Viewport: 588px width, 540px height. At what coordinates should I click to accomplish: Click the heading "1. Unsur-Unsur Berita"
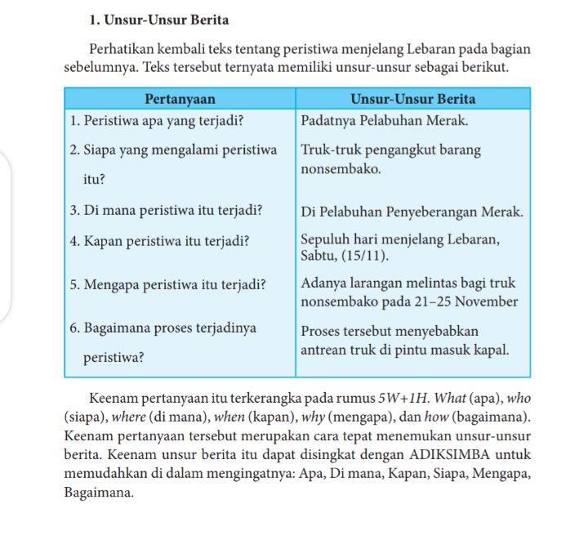(x=158, y=20)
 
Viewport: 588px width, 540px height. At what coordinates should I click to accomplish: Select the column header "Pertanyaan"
(x=179, y=100)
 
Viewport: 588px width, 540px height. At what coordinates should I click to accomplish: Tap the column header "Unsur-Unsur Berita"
(x=412, y=100)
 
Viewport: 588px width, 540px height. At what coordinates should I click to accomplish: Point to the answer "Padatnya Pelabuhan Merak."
(x=384, y=121)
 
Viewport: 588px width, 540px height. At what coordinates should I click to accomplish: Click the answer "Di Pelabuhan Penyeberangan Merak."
(x=412, y=212)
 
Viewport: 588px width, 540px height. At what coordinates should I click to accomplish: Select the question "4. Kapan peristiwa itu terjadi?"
(x=160, y=241)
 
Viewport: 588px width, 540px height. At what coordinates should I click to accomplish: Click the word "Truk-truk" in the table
(x=326, y=150)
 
